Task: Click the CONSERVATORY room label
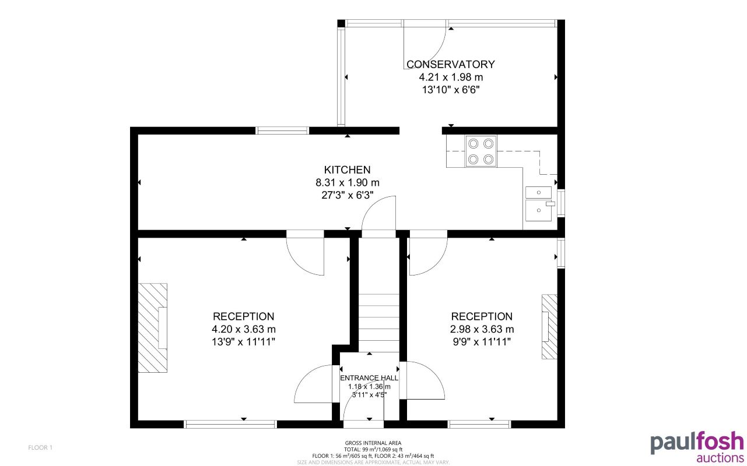click(x=450, y=64)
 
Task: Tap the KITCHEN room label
click(x=347, y=170)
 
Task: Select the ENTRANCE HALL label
click(x=369, y=378)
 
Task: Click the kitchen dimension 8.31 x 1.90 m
click(x=347, y=182)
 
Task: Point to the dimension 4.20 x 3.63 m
click(x=243, y=329)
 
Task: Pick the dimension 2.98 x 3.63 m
click(x=482, y=329)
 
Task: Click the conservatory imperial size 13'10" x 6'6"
click(x=450, y=90)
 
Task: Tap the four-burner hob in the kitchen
click(x=481, y=151)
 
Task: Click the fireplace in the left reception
click(x=152, y=327)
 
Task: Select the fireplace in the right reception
click(x=549, y=326)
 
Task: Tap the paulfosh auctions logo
click(x=697, y=447)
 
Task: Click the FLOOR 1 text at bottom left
click(x=40, y=447)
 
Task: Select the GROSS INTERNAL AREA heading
click(x=373, y=443)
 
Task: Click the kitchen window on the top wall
click(x=283, y=130)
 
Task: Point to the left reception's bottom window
click(x=230, y=424)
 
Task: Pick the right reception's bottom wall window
click(x=479, y=424)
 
